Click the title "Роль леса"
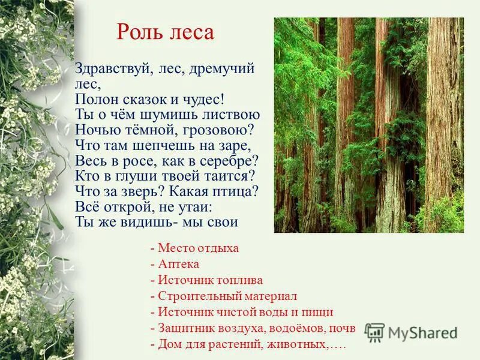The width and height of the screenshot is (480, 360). click(165, 32)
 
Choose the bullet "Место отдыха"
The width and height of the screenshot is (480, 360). click(199, 248)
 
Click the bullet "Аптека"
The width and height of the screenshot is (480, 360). click(178, 264)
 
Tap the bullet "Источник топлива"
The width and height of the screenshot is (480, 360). click(211, 280)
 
